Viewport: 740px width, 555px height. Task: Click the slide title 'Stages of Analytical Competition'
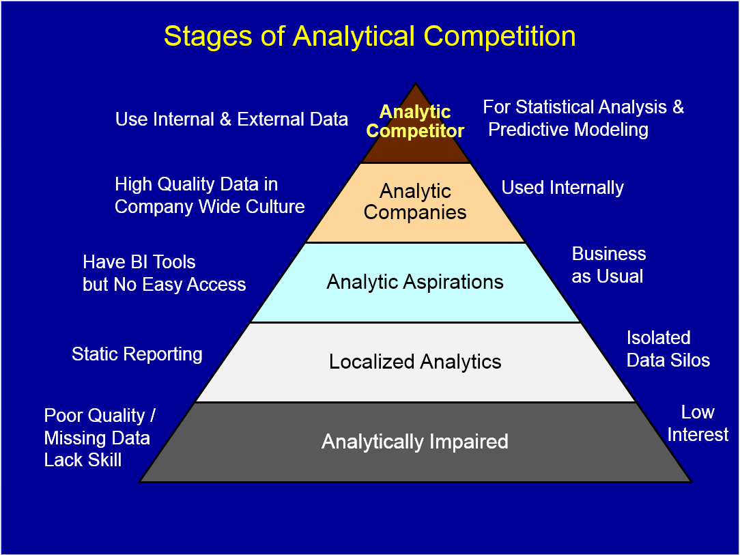(369, 36)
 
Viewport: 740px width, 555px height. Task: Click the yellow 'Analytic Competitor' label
(415, 122)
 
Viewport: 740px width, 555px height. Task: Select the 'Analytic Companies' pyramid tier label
(415, 201)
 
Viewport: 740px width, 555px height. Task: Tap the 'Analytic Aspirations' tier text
(415, 282)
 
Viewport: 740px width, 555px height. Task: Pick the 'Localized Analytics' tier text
(415, 362)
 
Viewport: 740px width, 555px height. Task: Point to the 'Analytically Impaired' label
(415, 442)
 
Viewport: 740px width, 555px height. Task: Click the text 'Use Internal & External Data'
(231, 119)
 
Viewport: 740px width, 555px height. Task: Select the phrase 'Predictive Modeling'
(568, 130)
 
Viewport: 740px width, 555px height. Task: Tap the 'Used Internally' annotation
(563, 188)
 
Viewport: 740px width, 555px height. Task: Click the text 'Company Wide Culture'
(210, 207)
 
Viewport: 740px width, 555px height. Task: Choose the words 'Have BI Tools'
(139, 262)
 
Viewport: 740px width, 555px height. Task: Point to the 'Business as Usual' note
(608, 265)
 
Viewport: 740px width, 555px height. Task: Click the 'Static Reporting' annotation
(137, 354)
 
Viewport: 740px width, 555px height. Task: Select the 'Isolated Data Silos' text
(668, 349)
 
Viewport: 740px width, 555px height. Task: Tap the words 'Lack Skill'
(83, 460)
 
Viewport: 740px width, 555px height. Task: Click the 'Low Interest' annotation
(698, 423)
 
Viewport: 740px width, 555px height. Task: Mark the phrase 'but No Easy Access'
(164, 285)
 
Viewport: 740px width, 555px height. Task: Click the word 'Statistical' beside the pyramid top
(556, 107)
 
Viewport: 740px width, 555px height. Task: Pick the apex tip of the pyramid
(415, 85)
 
